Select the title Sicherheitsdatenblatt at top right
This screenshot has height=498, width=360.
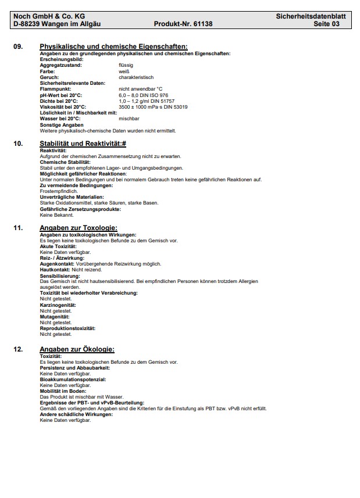(311, 16)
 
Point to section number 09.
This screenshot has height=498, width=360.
(18, 46)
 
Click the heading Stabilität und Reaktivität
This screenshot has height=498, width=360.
(83, 143)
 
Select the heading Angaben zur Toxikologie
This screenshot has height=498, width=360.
(79, 227)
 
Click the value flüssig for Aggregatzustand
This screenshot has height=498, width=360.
(126, 65)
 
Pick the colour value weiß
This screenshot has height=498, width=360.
(123, 71)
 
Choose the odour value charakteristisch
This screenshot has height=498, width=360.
(136, 77)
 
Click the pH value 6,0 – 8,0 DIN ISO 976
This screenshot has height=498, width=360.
(143, 95)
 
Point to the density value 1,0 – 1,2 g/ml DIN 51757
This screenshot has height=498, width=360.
(146, 101)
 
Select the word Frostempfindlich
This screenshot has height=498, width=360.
(58, 191)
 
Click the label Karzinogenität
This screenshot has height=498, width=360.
(58, 305)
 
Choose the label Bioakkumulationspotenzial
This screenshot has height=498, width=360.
(73, 379)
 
